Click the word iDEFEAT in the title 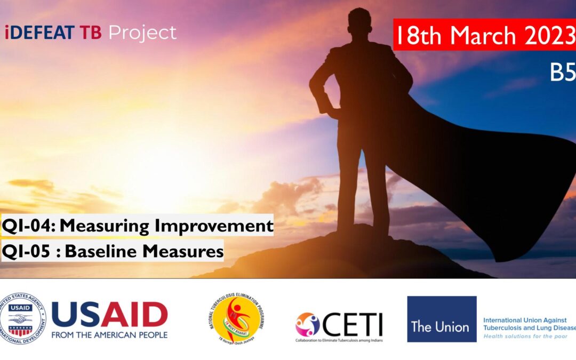[x=40, y=33]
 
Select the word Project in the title [x=142, y=33]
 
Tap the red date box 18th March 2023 [x=484, y=36]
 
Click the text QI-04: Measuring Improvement [x=137, y=226]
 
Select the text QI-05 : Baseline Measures [x=112, y=250]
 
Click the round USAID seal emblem [x=23, y=319]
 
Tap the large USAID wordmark [x=109, y=315]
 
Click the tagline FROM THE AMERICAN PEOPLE [x=109, y=335]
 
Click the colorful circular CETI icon [x=308, y=324]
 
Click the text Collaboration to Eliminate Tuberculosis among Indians [x=339, y=340]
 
